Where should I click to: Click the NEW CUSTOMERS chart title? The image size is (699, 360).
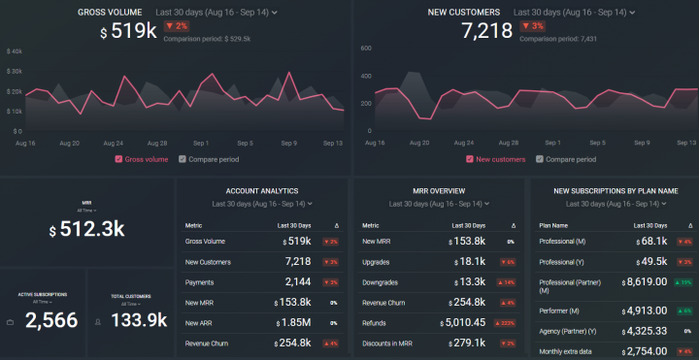[464, 13]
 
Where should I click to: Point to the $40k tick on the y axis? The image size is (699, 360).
[14, 50]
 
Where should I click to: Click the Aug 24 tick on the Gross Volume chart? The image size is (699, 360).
[113, 142]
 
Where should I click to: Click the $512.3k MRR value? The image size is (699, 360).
[86, 229]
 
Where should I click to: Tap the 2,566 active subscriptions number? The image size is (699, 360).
[50, 320]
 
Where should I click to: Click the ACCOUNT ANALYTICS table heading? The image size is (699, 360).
[261, 191]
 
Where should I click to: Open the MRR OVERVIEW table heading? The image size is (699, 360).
[438, 191]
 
